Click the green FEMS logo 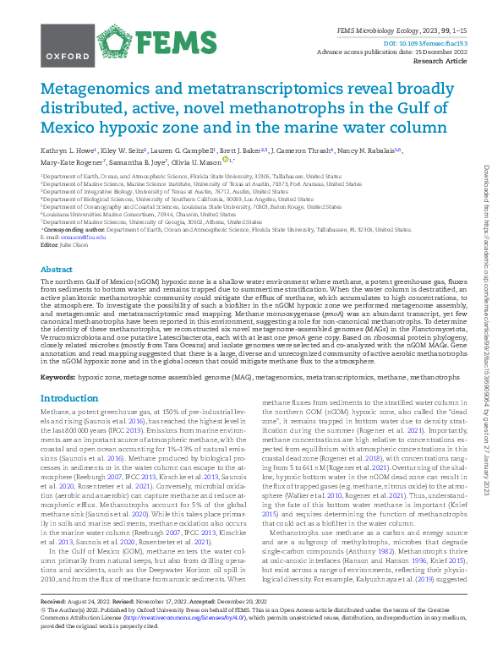click(x=155, y=41)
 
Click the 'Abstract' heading click(x=56, y=269)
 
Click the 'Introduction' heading click(x=69, y=398)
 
